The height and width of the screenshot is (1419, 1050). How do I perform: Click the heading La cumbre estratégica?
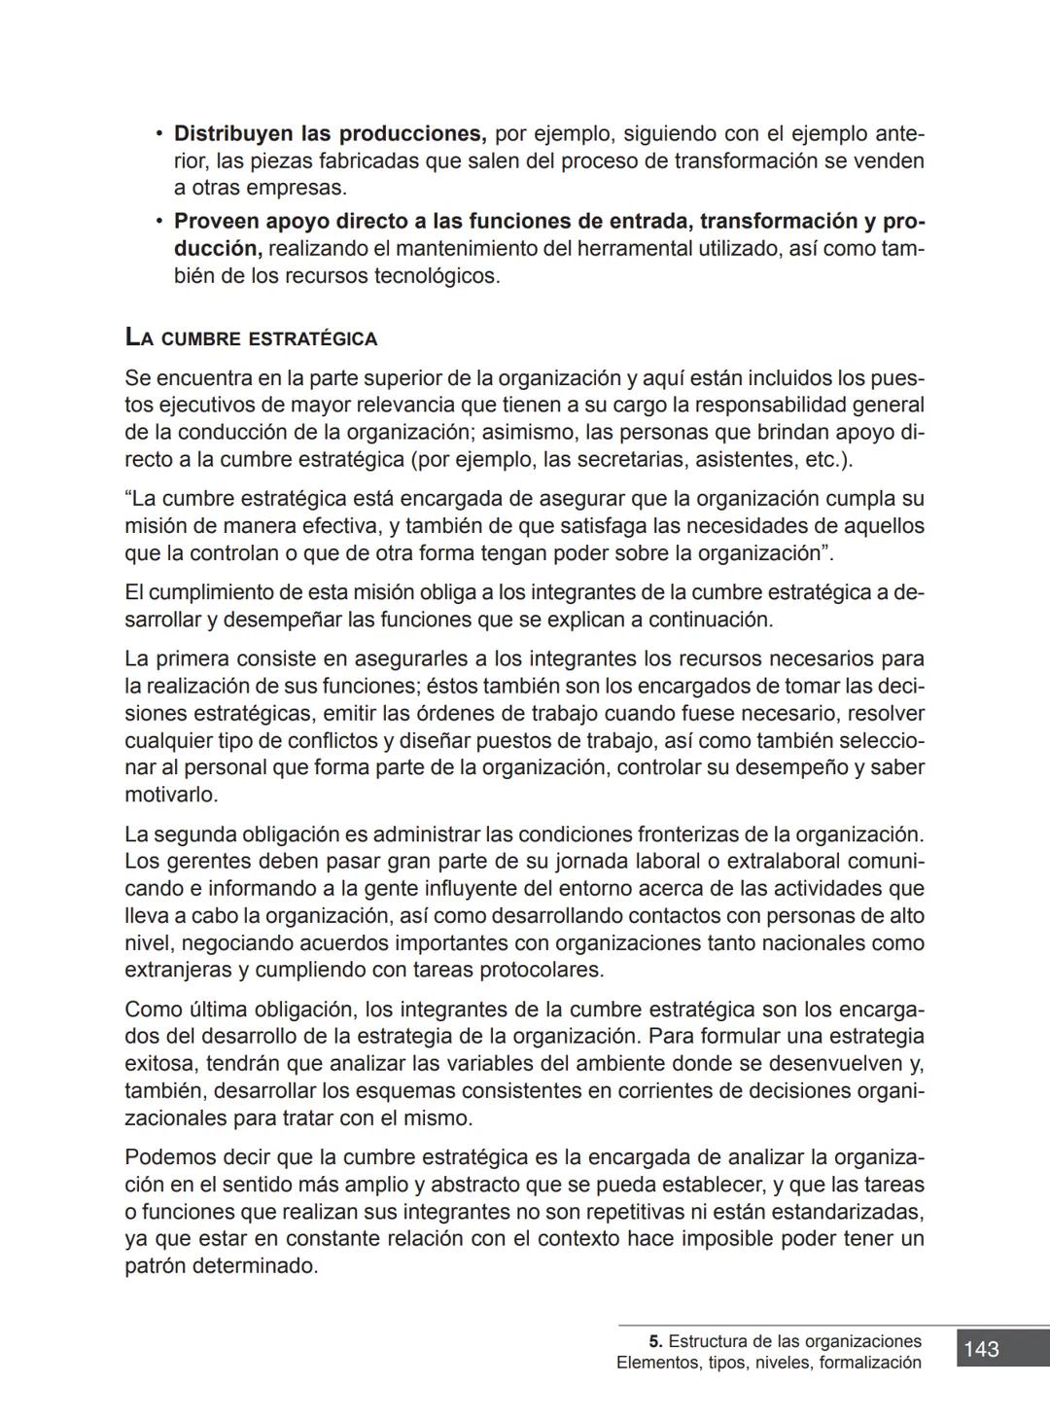pyautogui.click(x=251, y=338)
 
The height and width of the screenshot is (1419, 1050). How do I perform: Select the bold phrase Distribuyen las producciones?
pyautogui.click(x=330, y=133)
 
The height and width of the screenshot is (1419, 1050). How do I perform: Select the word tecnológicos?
pyautogui.click(x=437, y=276)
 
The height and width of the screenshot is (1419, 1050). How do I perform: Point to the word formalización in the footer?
pyautogui.click(x=870, y=1363)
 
